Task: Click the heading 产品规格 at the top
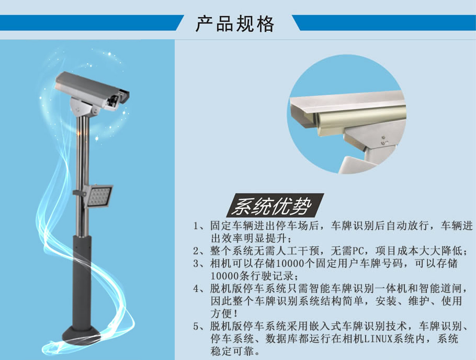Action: (x=235, y=24)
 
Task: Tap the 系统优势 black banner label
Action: (x=275, y=206)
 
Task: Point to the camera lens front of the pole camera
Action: (x=115, y=101)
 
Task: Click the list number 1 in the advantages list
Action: (x=196, y=226)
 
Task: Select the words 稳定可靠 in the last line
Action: (x=232, y=351)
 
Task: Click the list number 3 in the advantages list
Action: (x=196, y=263)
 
